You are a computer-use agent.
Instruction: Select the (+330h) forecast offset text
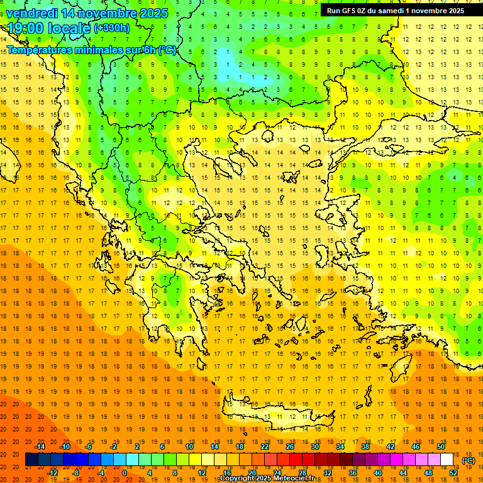[112, 28]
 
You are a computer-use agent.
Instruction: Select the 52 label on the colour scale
[453, 473]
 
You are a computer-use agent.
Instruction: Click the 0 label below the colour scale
[125, 473]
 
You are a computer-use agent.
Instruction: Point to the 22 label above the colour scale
[265, 447]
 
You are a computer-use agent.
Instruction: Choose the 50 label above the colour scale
[441, 447]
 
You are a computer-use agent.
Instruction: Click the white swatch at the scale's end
[447, 460]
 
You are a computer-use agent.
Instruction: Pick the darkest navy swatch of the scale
[31, 460]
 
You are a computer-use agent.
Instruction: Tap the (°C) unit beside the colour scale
[468, 460]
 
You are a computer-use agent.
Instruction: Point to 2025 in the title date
[153, 13]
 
